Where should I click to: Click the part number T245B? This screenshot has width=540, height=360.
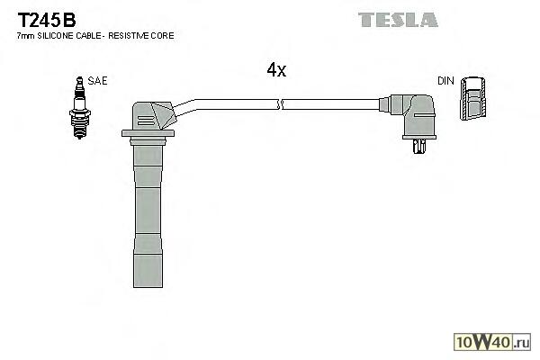(x=42, y=19)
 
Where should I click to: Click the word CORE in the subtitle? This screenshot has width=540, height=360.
(x=163, y=35)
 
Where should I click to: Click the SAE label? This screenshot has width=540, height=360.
(x=97, y=81)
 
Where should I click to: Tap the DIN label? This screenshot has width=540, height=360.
(x=445, y=81)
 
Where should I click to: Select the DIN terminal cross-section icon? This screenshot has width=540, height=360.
(x=472, y=99)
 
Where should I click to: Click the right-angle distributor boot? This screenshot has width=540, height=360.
(x=418, y=114)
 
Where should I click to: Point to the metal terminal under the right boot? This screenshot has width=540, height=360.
(x=418, y=146)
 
